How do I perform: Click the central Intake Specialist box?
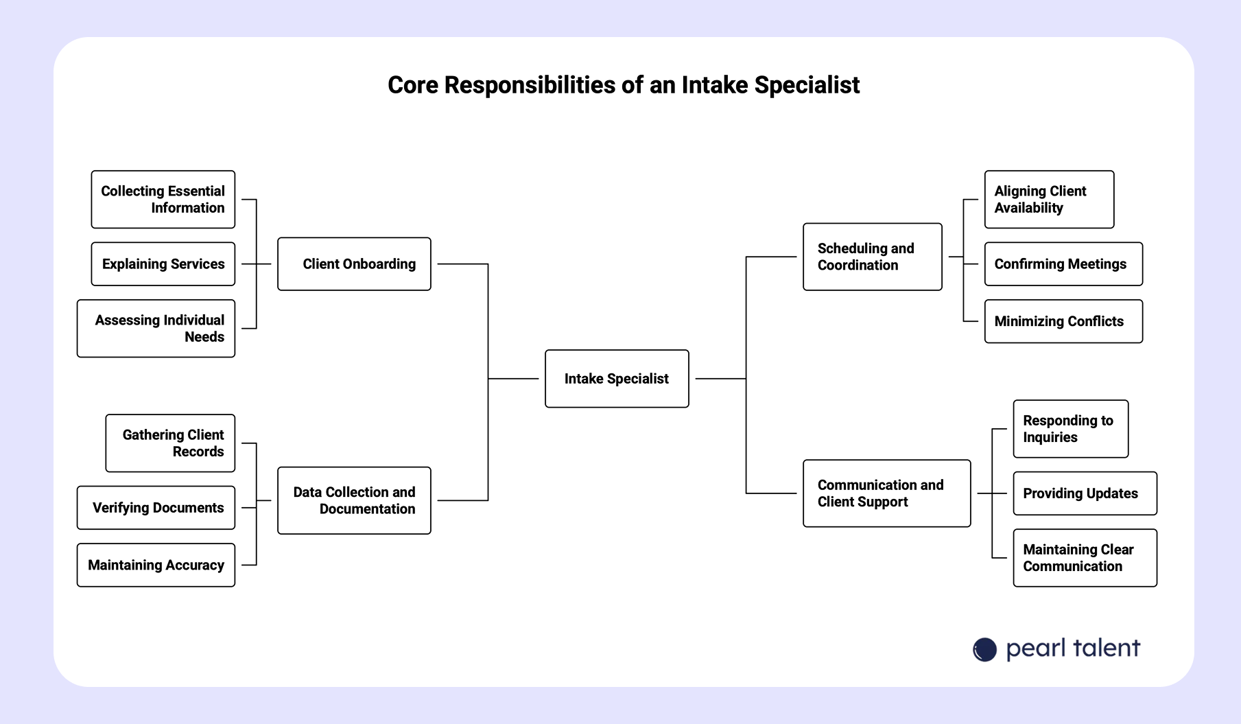coord(617,379)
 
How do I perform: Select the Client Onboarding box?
coord(354,264)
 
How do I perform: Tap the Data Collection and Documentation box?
coord(354,500)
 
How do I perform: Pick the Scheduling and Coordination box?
coord(872,257)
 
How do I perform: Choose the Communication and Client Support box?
coord(886,493)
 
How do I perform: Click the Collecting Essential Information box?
coord(163,200)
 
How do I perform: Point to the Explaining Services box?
coord(163,264)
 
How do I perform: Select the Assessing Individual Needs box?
coord(156,329)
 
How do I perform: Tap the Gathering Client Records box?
coord(170,443)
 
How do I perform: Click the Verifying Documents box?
coord(156,508)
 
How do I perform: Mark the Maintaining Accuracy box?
coord(156,565)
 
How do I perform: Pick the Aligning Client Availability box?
coord(1049,200)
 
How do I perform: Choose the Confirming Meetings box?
coord(1063,264)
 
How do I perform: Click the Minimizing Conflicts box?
coord(1063,321)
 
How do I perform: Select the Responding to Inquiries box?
coord(1070,429)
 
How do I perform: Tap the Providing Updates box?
coord(1085,493)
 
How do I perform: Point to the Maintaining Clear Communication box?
coord(1085,558)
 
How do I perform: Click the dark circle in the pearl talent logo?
coord(984,649)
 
